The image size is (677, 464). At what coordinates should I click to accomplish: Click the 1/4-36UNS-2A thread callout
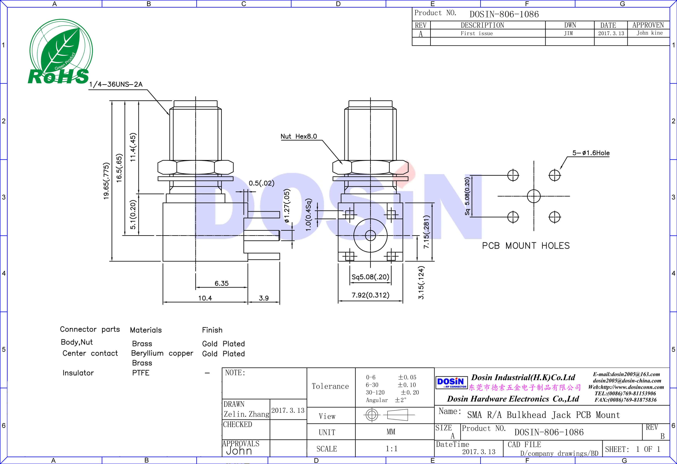(x=116, y=84)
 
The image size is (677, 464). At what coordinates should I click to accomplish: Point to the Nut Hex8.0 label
(x=299, y=136)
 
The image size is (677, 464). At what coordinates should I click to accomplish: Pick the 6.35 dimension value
(x=221, y=283)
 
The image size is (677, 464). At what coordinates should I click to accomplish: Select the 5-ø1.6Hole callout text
(x=591, y=153)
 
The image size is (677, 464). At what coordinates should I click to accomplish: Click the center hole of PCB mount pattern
(x=534, y=196)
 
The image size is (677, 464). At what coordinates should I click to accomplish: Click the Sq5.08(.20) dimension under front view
(x=370, y=277)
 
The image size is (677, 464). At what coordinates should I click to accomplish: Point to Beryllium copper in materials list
(x=162, y=353)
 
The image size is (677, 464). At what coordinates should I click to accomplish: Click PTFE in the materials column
(x=141, y=373)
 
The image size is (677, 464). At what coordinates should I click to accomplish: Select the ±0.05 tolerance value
(x=407, y=377)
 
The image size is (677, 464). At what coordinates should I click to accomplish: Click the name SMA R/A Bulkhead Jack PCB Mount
(x=543, y=415)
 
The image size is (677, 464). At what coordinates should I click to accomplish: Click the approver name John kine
(x=649, y=33)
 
